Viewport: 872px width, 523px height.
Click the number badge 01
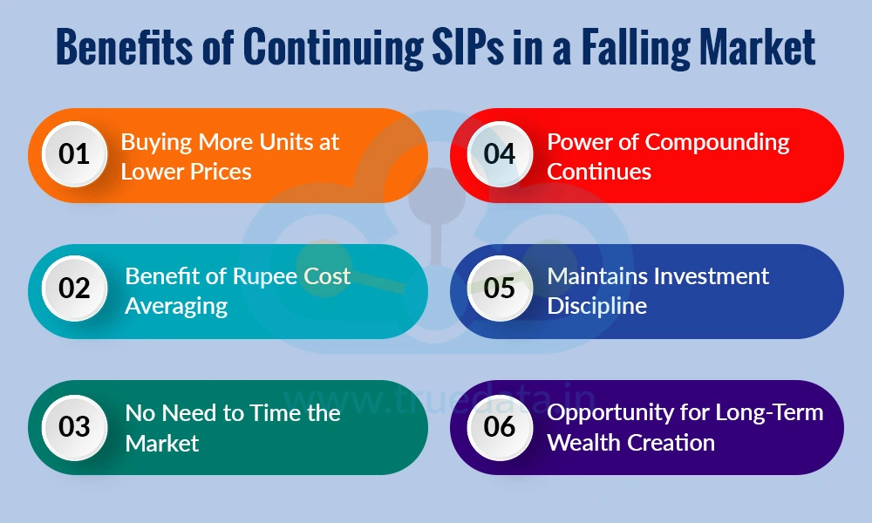click(x=74, y=154)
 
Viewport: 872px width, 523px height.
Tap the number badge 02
click(x=74, y=289)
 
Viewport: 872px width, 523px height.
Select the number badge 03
click(x=74, y=426)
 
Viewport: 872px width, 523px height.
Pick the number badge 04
click(x=500, y=154)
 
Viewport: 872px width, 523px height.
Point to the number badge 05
click(x=500, y=289)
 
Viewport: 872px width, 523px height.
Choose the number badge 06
click(x=500, y=426)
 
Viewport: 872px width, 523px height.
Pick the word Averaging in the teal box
click(x=176, y=307)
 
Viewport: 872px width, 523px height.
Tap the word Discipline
click(x=596, y=307)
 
